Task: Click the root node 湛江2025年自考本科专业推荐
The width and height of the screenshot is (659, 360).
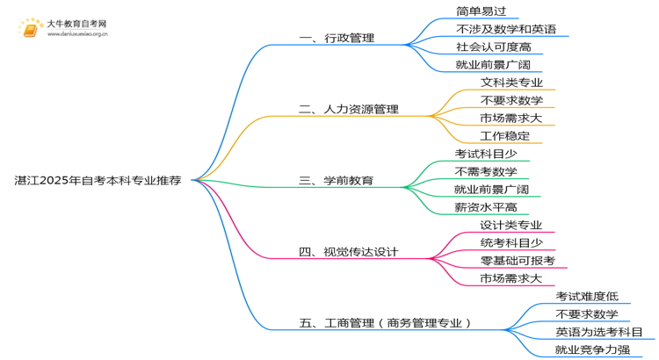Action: pyautogui.click(x=98, y=181)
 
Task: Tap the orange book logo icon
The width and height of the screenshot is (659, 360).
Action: pyautogui.click(x=31, y=29)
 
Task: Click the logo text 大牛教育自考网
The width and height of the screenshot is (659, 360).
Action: pyautogui.click(x=76, y=25)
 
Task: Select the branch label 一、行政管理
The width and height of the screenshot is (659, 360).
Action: pyautogui.click(x=337, y=39)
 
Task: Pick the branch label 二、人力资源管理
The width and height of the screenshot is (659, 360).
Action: pyautogui.click(x=349, y=110)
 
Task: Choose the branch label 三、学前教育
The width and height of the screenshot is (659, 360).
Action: pyautogui.click(x=337, y=181)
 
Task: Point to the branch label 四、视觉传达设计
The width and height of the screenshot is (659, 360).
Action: pyautogui.click(x=349, y=252)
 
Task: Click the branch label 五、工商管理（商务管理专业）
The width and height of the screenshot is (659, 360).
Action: pyautogui.click(x=386, y=323)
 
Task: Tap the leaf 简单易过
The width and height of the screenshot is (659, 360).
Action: pyautogui.click(x=482, y=11)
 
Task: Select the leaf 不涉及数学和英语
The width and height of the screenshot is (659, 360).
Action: pyautogui.click(x=506, y=29)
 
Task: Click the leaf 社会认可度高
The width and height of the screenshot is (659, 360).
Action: pyautogui.click(x=494, y=47)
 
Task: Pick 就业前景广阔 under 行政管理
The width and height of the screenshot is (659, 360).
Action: pyautogui.click(x=493, y=65)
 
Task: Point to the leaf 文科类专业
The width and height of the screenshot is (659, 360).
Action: pyautogui.click(x=512, y=83)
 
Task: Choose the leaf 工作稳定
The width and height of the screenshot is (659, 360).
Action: pyautogui.click(x=505, y=136)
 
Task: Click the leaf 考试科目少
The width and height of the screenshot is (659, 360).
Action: pyautogui.click(x=486, y=154)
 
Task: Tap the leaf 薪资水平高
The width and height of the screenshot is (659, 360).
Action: pyautogui.click(x=486, y=207)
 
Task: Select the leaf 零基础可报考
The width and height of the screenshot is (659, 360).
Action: pyautogui.click(x=518, y=261)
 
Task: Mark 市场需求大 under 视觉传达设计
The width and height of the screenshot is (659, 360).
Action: pyautogui.click(x=511, y=278)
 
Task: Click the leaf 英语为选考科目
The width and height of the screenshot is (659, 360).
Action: pyautogui.click(x=599, y=332)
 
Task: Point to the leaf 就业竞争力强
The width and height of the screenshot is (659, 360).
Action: pyautogui.click(x=592, y=349)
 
